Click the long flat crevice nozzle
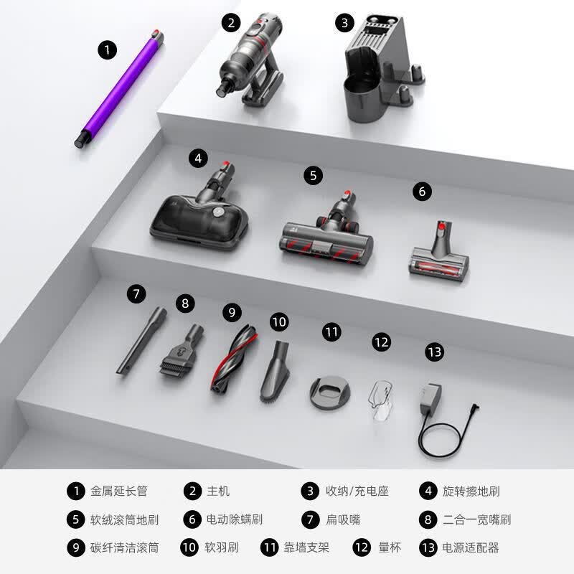pos(141,340)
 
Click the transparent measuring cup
pos(381,400)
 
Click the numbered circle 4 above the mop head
pos(198,159)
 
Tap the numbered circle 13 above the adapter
pos(435,352)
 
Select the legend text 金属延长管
pos(119,491)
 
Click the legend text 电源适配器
pos(471,547)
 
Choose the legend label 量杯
pos(390,547)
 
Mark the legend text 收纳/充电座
pos(357,491)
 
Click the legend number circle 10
pos(189,547)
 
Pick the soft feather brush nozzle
pos(276,372)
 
